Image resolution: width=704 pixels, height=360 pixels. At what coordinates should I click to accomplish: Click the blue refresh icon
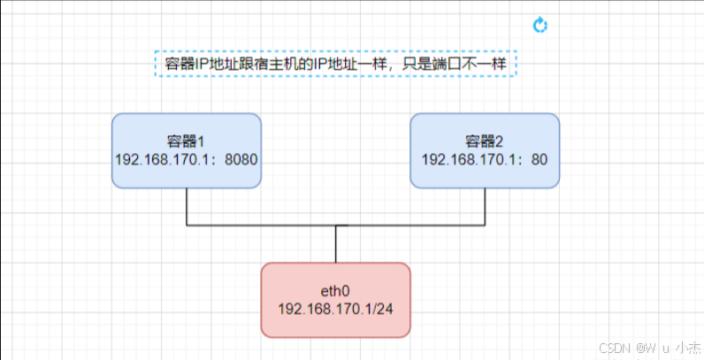click(x=541, y=25)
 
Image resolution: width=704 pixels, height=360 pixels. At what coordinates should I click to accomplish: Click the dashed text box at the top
click(x=335, y=64)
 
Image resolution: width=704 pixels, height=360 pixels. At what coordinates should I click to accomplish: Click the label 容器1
click(x=187, y=141)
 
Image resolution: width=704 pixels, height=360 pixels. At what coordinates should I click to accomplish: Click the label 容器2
click(x=485, y=141)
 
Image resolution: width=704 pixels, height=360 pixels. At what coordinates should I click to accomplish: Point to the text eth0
click(x=335, y=290)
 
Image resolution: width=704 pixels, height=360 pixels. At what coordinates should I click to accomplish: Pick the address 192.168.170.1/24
click(x=335, y=309)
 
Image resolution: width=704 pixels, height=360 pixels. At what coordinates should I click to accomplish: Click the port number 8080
click(x=241, y=159)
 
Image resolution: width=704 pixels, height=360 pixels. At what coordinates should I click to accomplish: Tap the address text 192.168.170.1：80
click(x=485, y=159)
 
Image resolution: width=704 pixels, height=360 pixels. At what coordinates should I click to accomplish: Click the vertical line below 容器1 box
click(x=187, y=207)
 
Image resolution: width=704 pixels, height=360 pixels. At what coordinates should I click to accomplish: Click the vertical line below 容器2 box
click(x=485, y=207)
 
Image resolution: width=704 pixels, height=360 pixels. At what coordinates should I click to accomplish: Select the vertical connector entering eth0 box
click(x=336, y=244)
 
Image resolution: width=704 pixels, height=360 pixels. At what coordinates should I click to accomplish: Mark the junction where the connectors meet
click(x=336, y=226)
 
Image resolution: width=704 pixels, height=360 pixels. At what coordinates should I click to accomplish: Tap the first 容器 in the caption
click(x=180, y=64)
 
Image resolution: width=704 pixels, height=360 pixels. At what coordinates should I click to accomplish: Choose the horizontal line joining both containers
click(x=265, y=226)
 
